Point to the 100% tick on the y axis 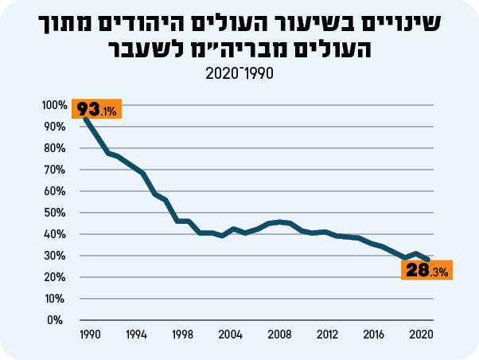coord(55,105)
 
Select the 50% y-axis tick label coord(56,213)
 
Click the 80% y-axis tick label coord(56,148)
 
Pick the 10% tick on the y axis coord(56,299)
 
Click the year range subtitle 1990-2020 coord(239,73)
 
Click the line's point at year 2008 coord(278,222)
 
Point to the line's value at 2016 coord(372,243)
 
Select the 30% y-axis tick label coord(56,256)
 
